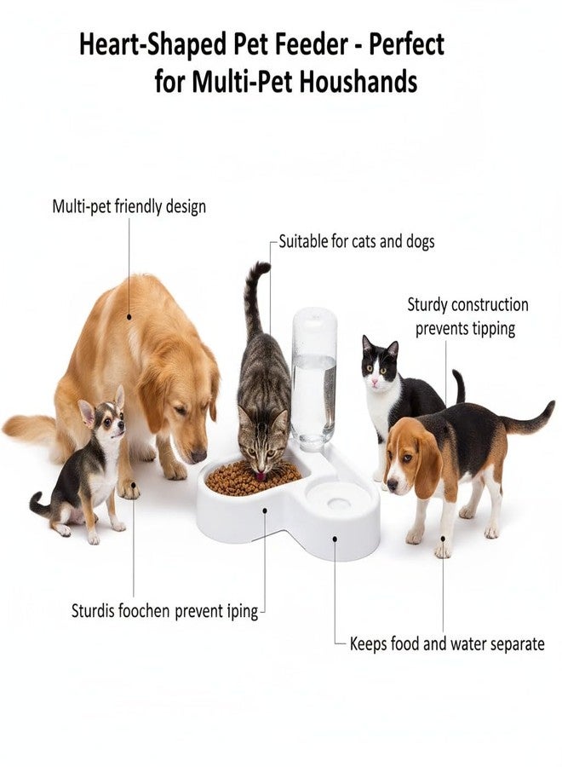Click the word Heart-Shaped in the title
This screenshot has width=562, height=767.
152,45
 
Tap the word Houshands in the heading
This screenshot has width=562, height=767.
358,81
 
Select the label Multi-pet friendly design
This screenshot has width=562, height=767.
129,206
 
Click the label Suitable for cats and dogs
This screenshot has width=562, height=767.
357,241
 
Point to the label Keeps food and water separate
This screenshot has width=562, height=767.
447,643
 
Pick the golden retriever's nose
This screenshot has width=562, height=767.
198,457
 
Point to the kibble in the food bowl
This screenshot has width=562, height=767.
253,477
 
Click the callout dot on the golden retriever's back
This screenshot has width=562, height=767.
129,317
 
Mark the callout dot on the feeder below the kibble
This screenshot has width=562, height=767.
265,510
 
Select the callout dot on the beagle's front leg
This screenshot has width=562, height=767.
444,538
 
